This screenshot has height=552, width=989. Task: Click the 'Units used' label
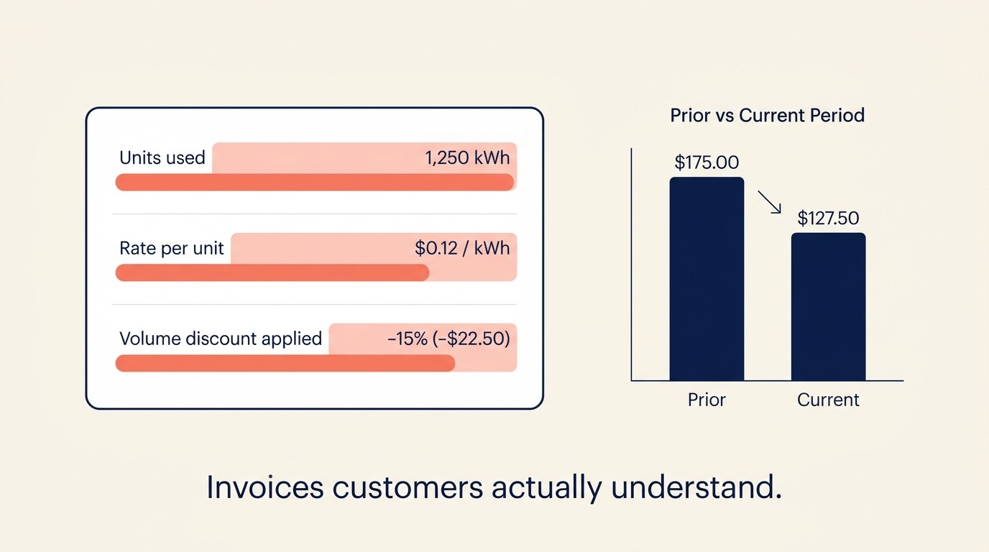162,158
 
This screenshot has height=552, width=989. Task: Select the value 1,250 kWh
467,158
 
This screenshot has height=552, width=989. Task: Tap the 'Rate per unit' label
172,249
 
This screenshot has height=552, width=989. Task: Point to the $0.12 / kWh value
462,249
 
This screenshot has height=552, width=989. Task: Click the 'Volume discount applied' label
221,339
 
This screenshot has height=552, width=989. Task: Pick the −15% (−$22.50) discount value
448,339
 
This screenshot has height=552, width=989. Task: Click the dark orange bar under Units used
315,183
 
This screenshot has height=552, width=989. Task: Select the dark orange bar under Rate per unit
272,272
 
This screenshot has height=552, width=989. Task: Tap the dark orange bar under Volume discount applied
285,363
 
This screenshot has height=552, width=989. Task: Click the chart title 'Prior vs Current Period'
767,115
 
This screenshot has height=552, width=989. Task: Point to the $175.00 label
707,162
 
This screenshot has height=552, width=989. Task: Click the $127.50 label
828,218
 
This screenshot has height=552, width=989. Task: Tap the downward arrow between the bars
769,202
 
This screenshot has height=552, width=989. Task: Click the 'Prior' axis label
707,400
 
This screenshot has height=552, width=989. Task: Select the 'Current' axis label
828,400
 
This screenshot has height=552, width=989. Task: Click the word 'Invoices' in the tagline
264,488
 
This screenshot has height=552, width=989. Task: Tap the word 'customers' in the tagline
407,488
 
